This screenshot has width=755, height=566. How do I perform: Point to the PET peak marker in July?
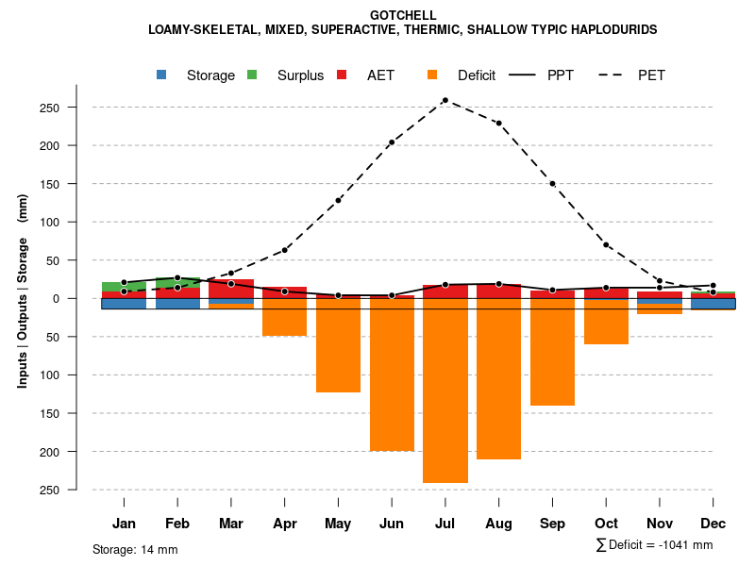pyautogui.click(x=445, y=100)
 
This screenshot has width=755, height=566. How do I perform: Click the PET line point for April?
pyautogui.click(x=285, y=250)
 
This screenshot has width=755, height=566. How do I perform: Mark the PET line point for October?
pyautogui.click(x=606, y=245)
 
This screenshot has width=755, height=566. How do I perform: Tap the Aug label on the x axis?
pyautogui.click(x=498, y=524)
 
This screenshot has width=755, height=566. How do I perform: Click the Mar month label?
pyautogui.click(x=231, y=524)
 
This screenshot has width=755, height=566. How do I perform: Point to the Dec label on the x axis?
pyautogui.click(x=713, y=524)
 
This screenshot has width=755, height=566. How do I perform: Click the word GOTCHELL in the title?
pyautogui.click(x=403, y=16)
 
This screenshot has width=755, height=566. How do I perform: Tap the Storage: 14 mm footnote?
pyautogui.click(x=135, y=549)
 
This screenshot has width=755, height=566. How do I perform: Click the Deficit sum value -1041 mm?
pyautogui.click(x=682, y=545)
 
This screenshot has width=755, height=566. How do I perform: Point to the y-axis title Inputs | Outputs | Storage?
pyautogui.click(x=23, y=298)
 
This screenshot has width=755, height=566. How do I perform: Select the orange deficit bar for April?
pyautogui.click(x=285, y=317)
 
